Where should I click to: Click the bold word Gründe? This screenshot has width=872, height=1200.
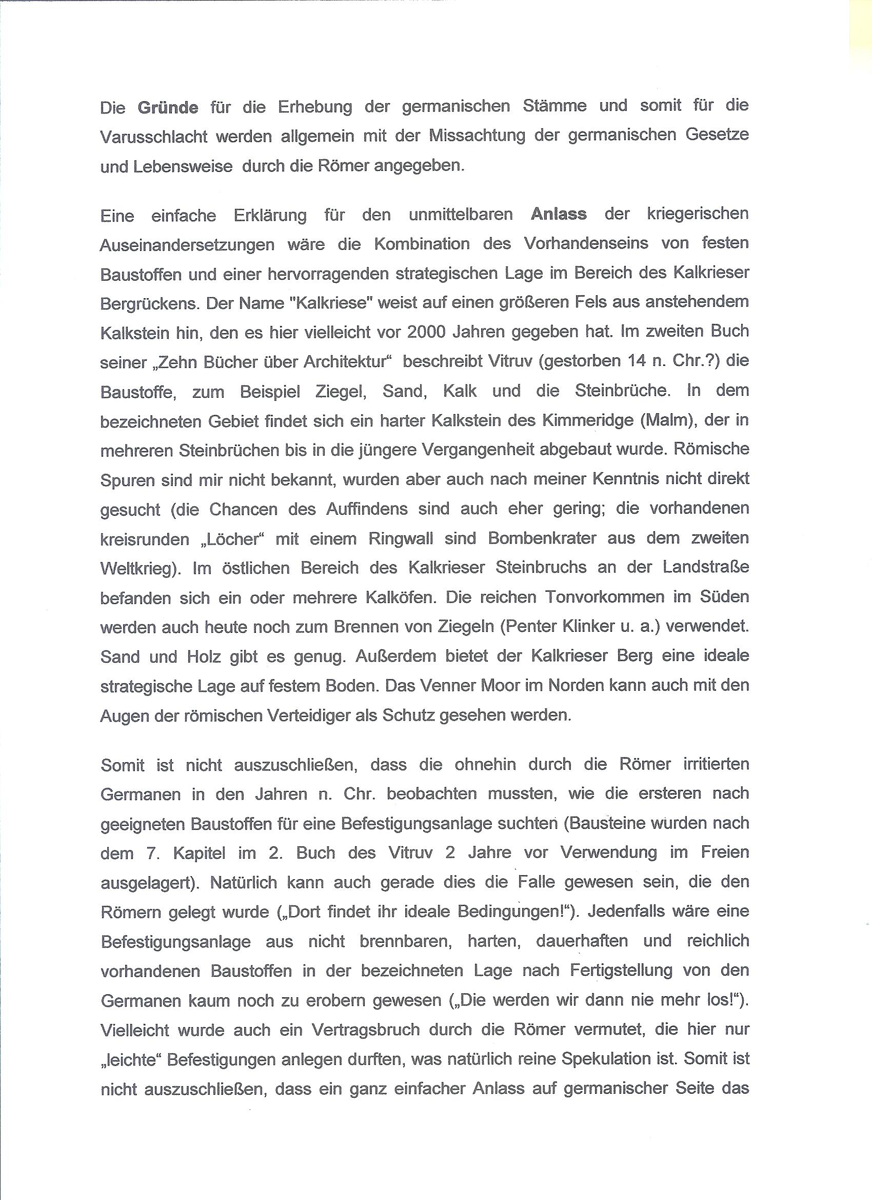click(168, 107)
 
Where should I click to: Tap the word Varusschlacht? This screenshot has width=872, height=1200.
click(153, 137)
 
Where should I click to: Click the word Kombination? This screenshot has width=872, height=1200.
click(422, 244)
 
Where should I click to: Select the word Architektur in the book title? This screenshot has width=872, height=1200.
click(347, 362)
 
